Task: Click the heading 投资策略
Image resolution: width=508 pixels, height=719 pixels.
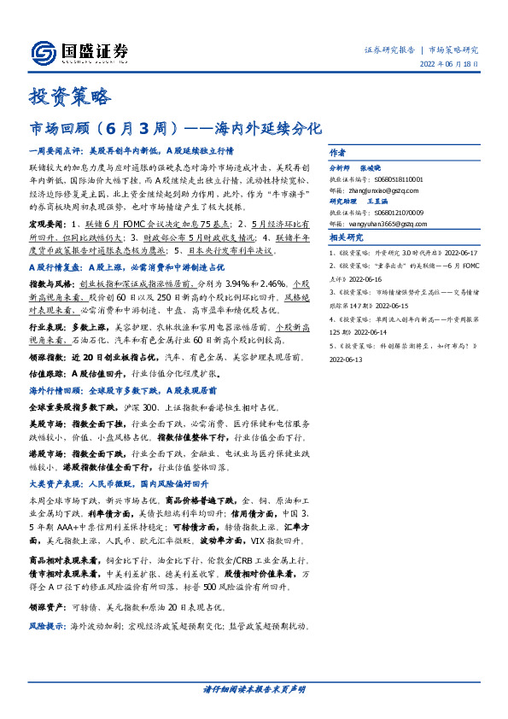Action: [69, 96]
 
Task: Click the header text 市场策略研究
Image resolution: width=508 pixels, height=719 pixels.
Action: [453, 50]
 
